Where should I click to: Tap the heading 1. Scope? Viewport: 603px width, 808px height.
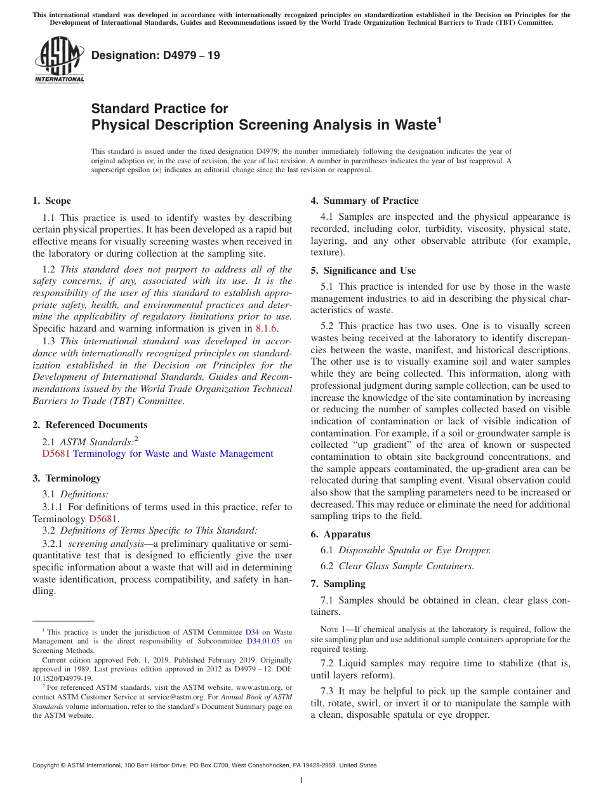click(x=52, y=201)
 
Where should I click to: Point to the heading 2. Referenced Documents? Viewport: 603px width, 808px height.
click(x=90, y=425)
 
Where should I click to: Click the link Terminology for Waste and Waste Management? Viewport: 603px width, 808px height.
click(x=173, y=454)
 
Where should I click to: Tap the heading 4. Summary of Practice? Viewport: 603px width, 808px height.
click(x=364, y=201)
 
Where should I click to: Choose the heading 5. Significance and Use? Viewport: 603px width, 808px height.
click(x=363, y=271)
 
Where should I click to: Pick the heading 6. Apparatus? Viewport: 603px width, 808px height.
click(x=340, y=534)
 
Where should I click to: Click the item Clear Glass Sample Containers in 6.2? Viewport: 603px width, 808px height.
click(x=406, y=565)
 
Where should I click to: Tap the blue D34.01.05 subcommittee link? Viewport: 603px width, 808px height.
click(x=265, y=642)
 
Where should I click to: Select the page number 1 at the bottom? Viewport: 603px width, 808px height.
click(x=301, y=780)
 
